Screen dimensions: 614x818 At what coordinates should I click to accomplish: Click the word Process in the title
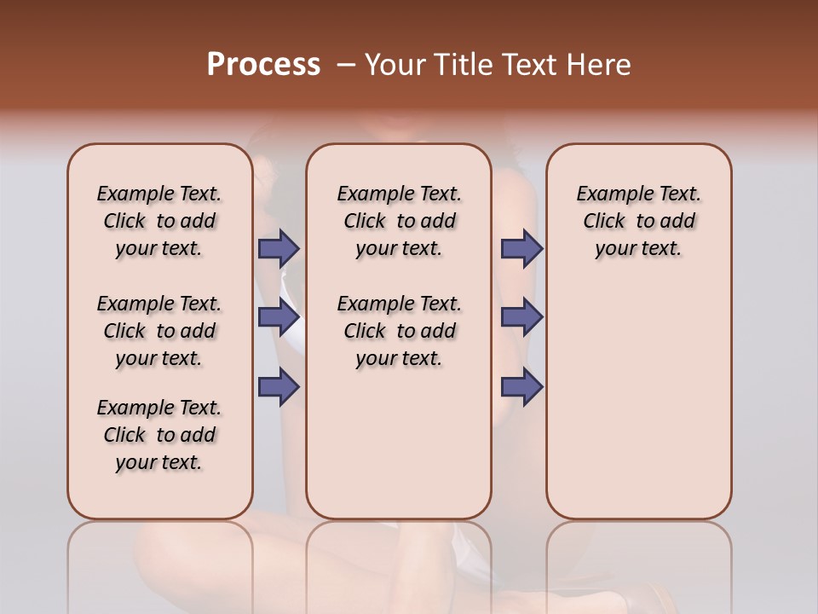click(x=263, y=64)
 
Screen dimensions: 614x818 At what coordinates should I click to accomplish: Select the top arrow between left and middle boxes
click(x=279, y=248)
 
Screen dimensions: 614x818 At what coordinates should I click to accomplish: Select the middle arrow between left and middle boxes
click(x=279, y=317)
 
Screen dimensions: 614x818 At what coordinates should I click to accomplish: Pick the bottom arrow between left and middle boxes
click(x=279, y=386)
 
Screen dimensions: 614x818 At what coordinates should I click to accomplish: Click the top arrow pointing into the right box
click(x=521, y=248)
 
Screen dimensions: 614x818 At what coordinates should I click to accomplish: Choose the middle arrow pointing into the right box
click(x=521, y=317)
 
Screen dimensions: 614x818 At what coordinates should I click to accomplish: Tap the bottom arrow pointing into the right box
click(x=521, y=386)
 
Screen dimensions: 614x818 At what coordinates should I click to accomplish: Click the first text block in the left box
click(x=159, y=221)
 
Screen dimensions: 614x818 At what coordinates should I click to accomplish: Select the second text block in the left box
click(x=159, y=331)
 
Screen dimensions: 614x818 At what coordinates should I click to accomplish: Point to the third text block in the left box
click(x=159, y=435)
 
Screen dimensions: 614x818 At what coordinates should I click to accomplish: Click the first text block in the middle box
click(x=399, y=221)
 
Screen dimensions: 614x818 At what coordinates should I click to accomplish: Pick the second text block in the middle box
click(x=399, y=331)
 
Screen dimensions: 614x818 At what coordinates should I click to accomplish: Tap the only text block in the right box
click(x=638, y=221)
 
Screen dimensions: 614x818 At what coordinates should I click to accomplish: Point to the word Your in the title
click(x=395, y=64)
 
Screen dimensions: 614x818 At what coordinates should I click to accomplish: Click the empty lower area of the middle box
click(x=399, y=443)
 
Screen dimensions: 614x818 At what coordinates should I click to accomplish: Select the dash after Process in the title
click(x=346, y=64)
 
